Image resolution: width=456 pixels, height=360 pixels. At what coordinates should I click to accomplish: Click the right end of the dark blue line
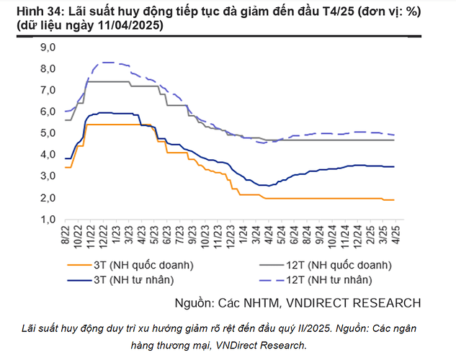tap(393, 166)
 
